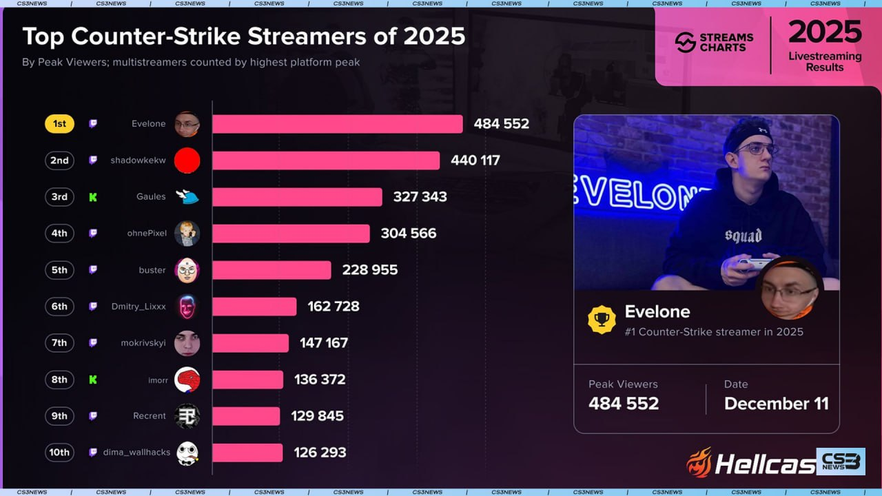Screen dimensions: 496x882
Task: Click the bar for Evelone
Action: (x=337, y=124)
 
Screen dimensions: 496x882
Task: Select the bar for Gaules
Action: (x=297, y=197)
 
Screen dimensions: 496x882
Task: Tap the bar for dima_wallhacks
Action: (x=247, y=453)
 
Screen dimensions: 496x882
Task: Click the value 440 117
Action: (x=475, y=161)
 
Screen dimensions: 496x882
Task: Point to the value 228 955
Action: (x=370, y=270)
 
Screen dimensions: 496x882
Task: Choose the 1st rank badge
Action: (x=60, y=124)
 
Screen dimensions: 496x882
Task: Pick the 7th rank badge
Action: (x=60, y=343)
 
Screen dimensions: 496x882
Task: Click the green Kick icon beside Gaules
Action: (x=93, y=197)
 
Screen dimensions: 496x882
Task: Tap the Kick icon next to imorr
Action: (x=93, y=380)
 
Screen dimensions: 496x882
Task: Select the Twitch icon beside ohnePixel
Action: (x=93, y=234)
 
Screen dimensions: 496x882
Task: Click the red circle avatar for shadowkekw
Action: (x=187, y=161)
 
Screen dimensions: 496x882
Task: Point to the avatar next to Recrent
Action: (x=187, y=416)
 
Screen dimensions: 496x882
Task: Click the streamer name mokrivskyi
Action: (x=143, y=343)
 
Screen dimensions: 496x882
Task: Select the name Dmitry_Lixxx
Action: (x=139, y=307)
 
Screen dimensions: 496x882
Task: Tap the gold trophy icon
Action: (x=602, y=320)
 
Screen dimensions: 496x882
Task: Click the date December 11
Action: (x=776, y=404)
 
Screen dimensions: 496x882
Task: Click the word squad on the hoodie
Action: (x=743, y=236)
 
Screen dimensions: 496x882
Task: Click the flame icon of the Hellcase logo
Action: (x=699, y=463)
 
